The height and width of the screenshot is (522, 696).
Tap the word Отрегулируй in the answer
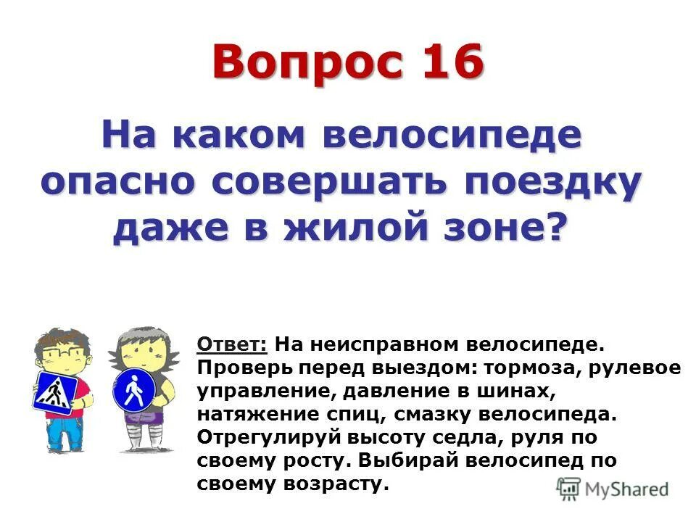[x=261, y=437]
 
